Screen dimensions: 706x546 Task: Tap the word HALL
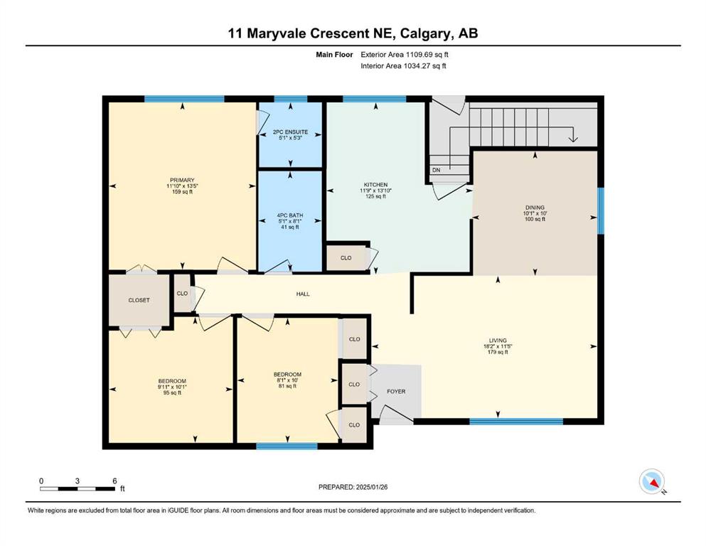coord(303,294)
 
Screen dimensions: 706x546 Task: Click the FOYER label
coord(396,392)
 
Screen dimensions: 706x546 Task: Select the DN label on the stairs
coord(437,170)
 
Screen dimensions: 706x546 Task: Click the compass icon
coord(652,481)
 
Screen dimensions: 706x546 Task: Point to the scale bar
coord(77,489)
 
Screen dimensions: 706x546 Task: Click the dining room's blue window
coord(601,210)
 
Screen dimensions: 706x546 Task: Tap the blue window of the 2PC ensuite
coord(290,99)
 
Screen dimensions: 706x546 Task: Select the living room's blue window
coord(516,422)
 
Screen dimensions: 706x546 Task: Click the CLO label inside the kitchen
coord(346,258)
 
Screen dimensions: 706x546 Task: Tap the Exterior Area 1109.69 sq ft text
coord(405,55)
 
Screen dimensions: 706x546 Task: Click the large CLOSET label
coord(139,300)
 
